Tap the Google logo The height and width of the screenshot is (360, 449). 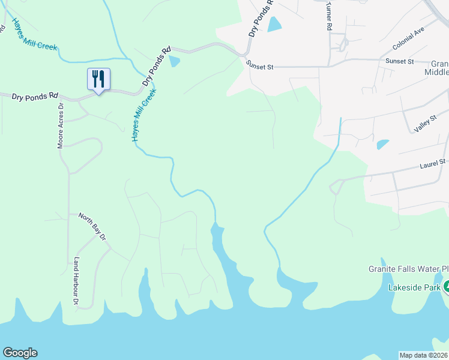[20, 353]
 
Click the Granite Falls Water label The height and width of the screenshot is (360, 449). [408, 269]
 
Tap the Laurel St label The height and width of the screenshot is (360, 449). [433, 161]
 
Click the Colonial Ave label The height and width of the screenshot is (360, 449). [408, 41]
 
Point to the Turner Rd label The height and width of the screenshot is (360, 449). [329, 16]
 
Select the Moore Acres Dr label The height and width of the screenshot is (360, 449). [60, 125]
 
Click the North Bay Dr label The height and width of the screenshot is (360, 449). [92, 227]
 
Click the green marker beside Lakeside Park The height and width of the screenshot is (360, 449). [446, 287]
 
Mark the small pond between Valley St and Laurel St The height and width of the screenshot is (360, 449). [382, 145]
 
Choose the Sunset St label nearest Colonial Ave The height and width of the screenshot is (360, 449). [400, 61]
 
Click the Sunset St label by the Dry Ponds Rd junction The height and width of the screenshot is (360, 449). [259, 67]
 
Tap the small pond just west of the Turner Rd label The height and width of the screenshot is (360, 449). [274, 24]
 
